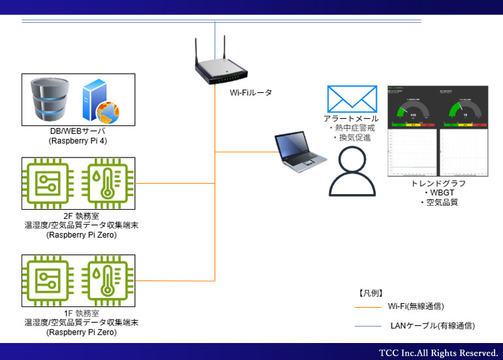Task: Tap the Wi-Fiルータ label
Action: point(251,93)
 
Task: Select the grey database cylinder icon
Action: point(49,100)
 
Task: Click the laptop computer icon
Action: point(300,151)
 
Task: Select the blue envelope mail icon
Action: point(352,99)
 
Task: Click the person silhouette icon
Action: point(353,171)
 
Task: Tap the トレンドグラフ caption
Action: point(439,184)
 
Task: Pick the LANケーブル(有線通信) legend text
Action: point(432,325)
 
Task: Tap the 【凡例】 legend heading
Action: point(370,293)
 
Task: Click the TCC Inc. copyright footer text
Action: point(438,352)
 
